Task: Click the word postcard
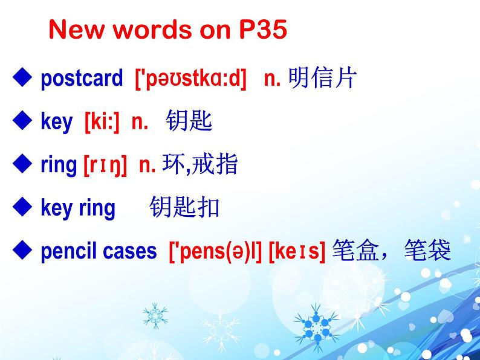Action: (x=82, y=79)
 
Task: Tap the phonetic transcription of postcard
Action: (x=190, y=79)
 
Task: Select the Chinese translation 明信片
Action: (x=323, y=78)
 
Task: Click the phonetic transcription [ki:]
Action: (x=102, y=121)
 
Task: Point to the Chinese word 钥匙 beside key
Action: (x=189, y=121)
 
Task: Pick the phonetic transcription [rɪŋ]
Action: (x=105, y=165)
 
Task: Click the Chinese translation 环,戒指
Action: (x=200, y=164)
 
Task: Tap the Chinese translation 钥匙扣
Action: (x=184, y=207)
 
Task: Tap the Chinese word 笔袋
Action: (x=427, y=250)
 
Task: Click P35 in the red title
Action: (x=263, y=30)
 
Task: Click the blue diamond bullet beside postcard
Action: (x=22, y=77)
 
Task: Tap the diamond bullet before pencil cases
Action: (x=22, y=250)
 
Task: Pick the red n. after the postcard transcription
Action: (x=272, y=79)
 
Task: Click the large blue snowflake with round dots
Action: (x=317, y=327)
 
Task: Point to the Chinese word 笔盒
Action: (x=355, y=250)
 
